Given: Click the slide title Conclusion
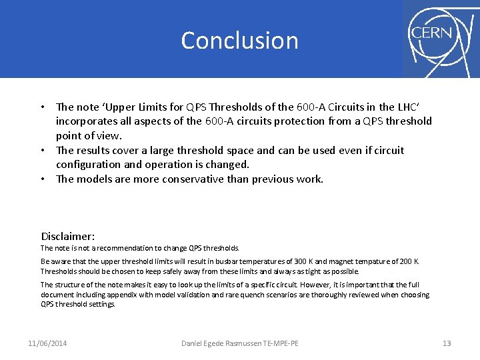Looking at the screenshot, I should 239,41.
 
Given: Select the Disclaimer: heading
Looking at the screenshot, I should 68,236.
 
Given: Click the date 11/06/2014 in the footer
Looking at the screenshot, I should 47,343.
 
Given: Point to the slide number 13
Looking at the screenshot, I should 447,343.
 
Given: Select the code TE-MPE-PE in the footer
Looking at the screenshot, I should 282,343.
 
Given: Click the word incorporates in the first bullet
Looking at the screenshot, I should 88,121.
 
